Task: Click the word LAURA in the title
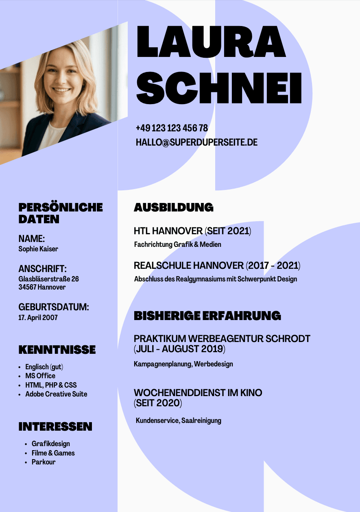pyautogui.click(x=211, y=41)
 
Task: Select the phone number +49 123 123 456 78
pyautogui.click(x=172, y=128)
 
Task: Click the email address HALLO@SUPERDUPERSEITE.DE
pyautogui.click(x=196, y=142)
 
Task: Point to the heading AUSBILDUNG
pyautogui.click(x=174, y=207)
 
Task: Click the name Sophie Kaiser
pyautogui.click(x=38, y=249)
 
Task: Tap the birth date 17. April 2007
pyautogui.click(x=38, y=318)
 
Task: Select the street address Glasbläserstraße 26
pyautogui.click(x=49, y=279)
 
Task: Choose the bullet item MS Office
pyautogui.click(x=40, y=376)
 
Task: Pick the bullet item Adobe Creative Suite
pyautogui.click(x=56, y=394)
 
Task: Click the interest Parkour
pyautogui.click(x=44, y=462)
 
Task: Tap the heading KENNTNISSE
pyautogui.click(x=57, y=350)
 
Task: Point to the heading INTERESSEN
pyautogui.click(x=55, y=427)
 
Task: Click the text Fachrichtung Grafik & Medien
pyautogui.click(x=178, y=245)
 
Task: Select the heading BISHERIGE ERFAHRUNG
pyautogui.click(x=207, y=316)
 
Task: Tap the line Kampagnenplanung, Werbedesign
pyautogui.click(x=183, y=364)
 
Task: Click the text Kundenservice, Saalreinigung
pyautogui.click(x=179, y=420)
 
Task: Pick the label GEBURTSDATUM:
pyautogui.click(x=54, y=307)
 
